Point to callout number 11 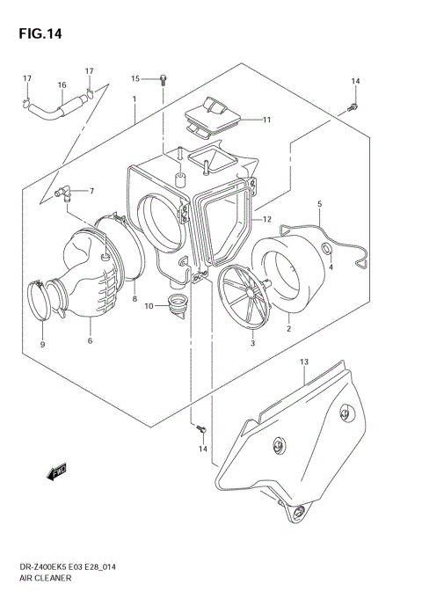(266, 120)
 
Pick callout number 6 (90, 343)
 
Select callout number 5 (319, 204)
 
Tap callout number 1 (134, 100)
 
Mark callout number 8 (135, 300)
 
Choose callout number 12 (266, 216)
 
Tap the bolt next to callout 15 (164, 80)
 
